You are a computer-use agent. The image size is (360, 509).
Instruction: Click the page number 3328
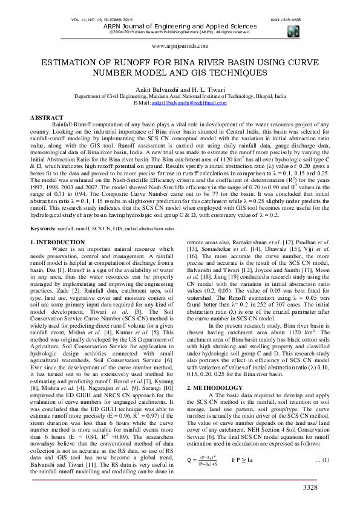tap(327, 487)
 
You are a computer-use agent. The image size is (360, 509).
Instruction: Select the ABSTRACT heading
tap(47, 117)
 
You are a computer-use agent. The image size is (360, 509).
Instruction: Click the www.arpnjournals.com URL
tap(180, 45)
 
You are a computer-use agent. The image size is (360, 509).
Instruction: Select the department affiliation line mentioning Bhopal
tap(180, 96)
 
